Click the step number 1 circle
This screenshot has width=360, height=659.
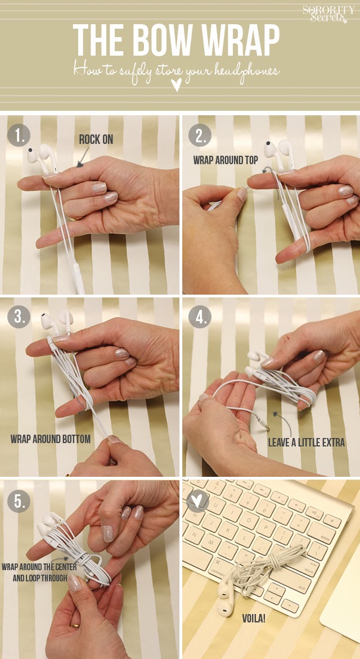point(19,136)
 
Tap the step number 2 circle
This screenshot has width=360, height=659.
point(200,136)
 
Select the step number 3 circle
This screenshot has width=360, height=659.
point(19,316)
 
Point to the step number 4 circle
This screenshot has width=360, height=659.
point(200,316)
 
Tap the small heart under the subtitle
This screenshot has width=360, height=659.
point(177,86)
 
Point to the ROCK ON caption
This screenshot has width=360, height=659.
point(96,139)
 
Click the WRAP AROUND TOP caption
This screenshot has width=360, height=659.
point(226,160)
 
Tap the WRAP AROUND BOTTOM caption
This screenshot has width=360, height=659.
point(51,439)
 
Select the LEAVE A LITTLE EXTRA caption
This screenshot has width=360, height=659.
point(307,442)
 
